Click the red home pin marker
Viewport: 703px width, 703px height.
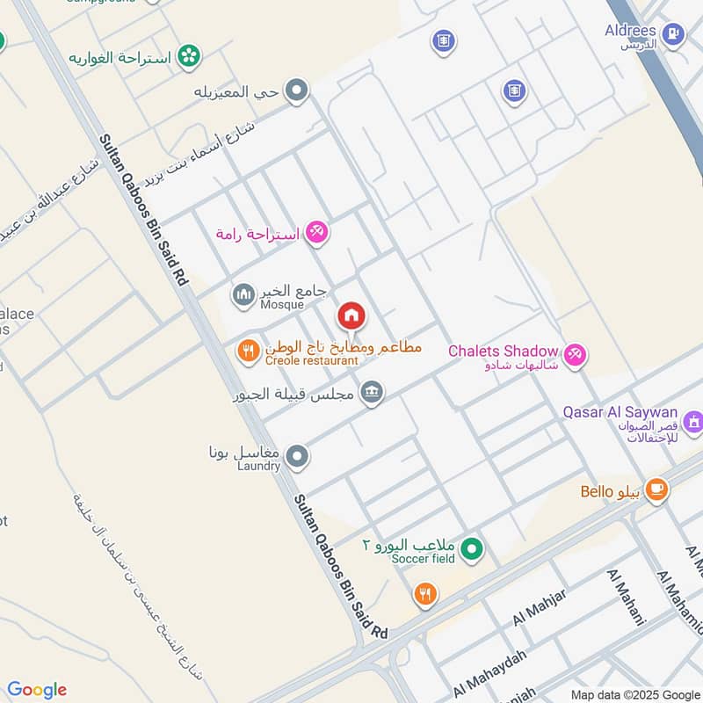[351, 315]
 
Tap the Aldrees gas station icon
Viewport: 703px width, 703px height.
[673, 34]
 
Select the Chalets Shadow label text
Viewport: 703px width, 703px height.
[504, 351]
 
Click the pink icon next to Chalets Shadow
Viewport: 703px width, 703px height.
[576, 355]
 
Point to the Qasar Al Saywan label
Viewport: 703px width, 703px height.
[620, 412]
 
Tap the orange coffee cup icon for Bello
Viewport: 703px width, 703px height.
[656, 490]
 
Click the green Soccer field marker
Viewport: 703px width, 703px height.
[473, 550]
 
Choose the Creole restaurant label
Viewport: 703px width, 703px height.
[312, 360]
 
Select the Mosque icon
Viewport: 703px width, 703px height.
[243, 293]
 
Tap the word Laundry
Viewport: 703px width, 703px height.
[257, 466]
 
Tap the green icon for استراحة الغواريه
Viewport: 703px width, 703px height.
[187, 57]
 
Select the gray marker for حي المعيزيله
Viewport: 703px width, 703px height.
[298, 90]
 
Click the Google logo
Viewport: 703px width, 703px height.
[37, 690]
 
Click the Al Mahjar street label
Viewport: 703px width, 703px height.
[539, 608]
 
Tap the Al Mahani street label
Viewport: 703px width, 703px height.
[627, 596]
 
